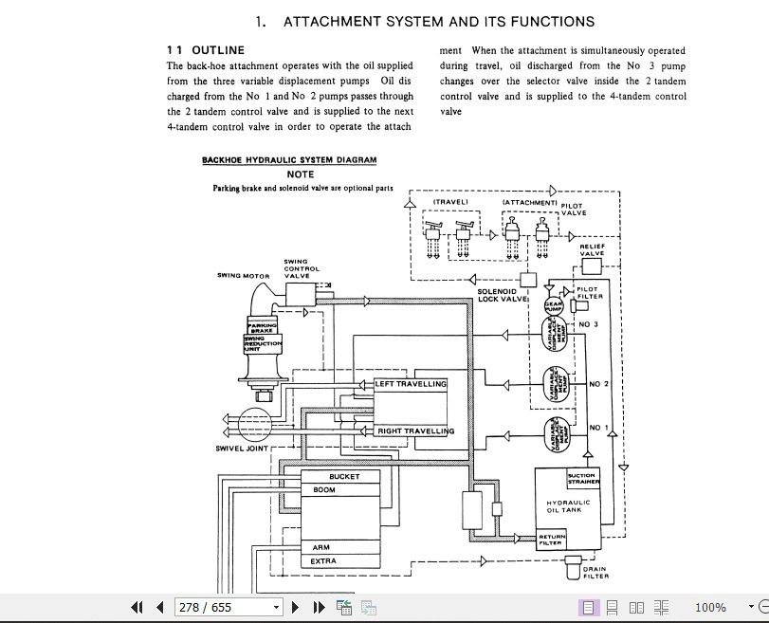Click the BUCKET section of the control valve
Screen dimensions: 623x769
pos(343,476)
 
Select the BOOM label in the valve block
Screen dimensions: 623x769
pos(323,490)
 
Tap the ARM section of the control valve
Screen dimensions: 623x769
pos(320,547)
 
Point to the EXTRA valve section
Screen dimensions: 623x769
pos(323,561)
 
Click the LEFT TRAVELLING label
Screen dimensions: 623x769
pos(411,384)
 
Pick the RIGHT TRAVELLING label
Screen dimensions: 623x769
pos(415,431)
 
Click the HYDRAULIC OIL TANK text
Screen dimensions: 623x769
pos(568,506)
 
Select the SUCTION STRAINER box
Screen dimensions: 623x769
pos(583,478)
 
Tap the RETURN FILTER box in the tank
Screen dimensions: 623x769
pos(552,540)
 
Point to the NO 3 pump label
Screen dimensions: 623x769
pos(589,324)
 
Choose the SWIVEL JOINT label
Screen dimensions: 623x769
pos(242,448)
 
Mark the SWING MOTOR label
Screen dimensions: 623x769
pos(244,276)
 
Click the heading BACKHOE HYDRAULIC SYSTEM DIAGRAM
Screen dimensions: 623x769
pos(289,160)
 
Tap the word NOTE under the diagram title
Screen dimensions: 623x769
pos(301,174)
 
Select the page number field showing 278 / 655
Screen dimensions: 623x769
pos(228,607)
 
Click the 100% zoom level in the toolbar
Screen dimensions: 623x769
pos(710,607)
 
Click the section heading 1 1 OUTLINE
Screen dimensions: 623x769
pos(206,50)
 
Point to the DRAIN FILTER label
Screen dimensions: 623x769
pos(595,573)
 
